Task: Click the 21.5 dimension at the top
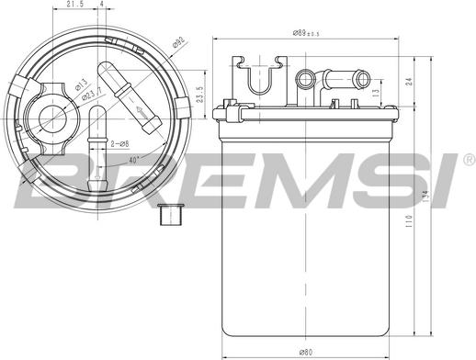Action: click(x=81, y=6)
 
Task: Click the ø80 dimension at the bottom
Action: click(x=306, y=352)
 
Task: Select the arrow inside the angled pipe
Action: click(x=139, y=113)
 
